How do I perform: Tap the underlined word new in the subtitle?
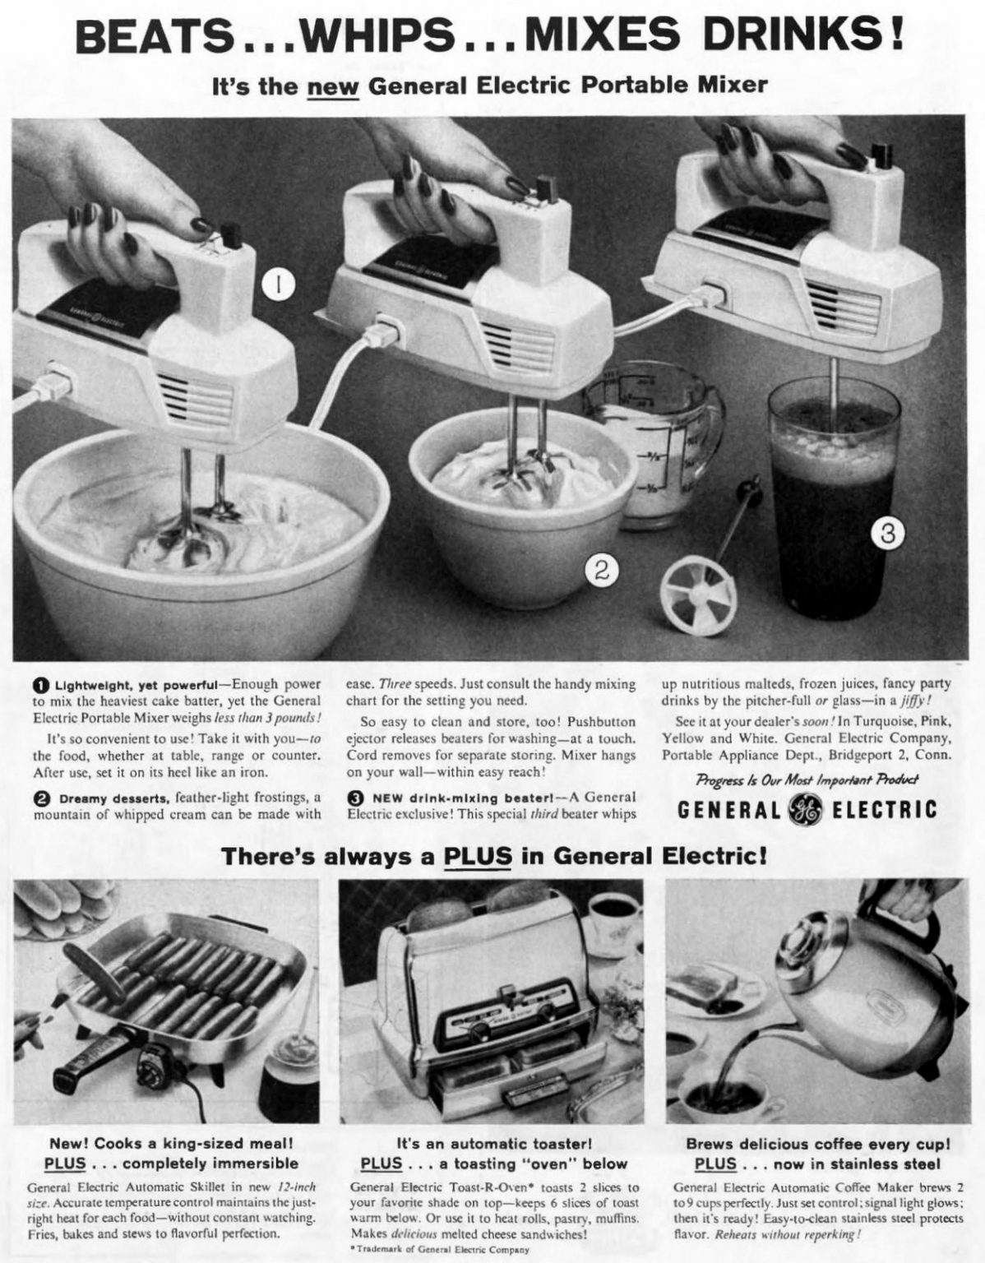pyautogui.click(x=333, y=86)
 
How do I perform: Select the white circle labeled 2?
pyautogui.click(x=602, y=569)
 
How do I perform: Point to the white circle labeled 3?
pyautogui.click(x=887, y=534)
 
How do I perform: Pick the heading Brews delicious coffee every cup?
pyautogui.click(x=818, y=1144)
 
